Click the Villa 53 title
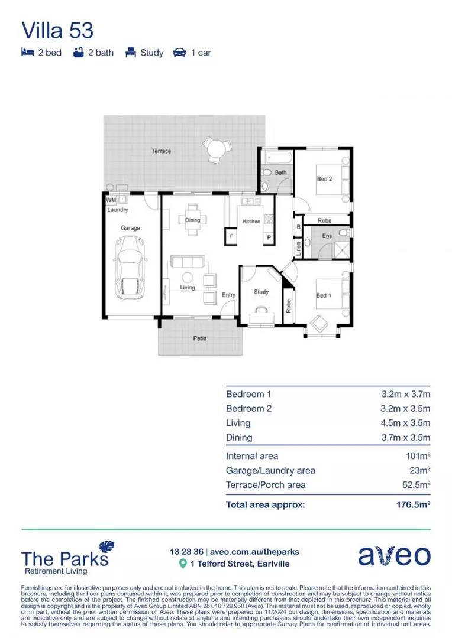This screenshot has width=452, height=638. coord(57,30)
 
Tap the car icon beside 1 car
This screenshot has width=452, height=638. coord(179,53)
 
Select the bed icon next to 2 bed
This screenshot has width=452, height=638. coord(27,53)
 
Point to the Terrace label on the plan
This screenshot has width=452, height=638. coord(161,151)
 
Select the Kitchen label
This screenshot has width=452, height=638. coord(251,221)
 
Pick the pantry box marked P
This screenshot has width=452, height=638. coord(268,238)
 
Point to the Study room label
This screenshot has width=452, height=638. coord(261,292)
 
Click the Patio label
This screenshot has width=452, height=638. coord(200,338)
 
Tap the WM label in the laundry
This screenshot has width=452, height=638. coord(110,200)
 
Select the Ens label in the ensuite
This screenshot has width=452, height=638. coord(327,236)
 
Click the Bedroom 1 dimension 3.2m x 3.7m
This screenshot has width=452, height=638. coord(405,394)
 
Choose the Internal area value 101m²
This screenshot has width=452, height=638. coord(416,456)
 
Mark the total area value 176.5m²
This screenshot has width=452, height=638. coord(412,505)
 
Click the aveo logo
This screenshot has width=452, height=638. coord(394,556)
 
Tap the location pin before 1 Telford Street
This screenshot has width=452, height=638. coord(183,564)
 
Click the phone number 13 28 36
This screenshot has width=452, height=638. coord(186,552)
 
